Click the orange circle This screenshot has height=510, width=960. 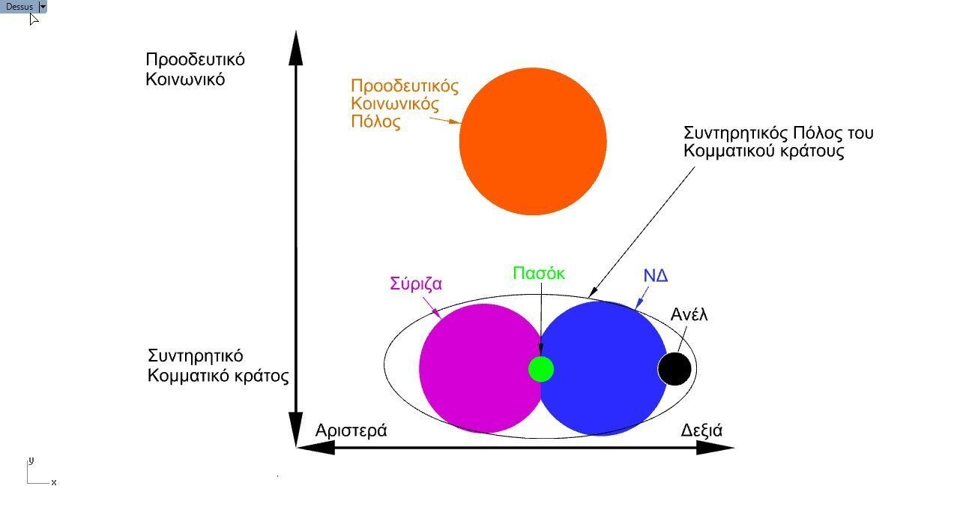(533, 141)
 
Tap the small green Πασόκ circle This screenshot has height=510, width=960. (541, 369)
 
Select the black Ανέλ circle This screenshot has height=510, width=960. (674, 369)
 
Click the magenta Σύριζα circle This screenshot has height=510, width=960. (480, 368)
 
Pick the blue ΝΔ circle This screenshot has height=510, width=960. (603, 368)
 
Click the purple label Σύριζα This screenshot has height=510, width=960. (416, 284)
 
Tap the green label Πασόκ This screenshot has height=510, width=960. (539, 273)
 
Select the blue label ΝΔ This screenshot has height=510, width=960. (656, 275)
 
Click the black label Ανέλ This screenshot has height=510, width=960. (689, 314)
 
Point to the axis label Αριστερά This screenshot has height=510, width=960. (351, 430)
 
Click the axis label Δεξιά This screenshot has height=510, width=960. (701, 430)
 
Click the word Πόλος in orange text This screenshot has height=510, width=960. (375, 121)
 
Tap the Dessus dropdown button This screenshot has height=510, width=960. (43, 7)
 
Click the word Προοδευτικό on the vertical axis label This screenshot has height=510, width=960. (195, 59)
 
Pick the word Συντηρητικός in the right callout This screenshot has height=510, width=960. (735, 133)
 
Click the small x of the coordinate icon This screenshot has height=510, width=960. (53, 482)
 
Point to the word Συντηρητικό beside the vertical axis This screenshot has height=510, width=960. (196, 356)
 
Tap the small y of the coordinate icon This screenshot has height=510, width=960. (31, 461)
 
